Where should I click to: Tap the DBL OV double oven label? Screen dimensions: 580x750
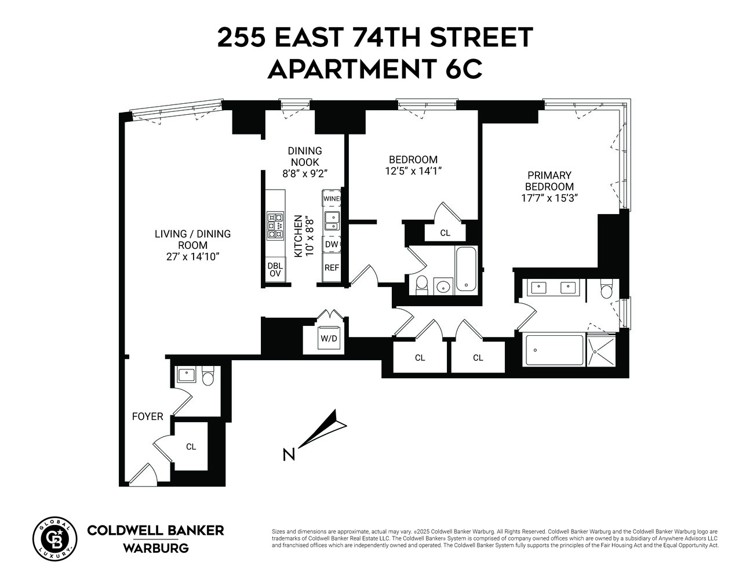[275, 270]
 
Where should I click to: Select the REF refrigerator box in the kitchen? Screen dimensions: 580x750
[332, 268]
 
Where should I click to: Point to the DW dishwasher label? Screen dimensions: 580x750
[332, 245]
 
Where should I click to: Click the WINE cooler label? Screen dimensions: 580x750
[332, 199]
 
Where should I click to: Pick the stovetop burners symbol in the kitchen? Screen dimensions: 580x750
[275, 226]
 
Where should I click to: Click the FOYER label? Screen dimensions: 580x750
[147, 416]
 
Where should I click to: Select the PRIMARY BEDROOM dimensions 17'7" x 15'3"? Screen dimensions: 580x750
[549, 198]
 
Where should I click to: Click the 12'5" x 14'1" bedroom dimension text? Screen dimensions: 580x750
[413, 171]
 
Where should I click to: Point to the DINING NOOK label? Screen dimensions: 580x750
[305, 157]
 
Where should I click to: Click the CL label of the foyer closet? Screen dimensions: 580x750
[191, 447]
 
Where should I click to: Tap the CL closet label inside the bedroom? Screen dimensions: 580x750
[445, 233]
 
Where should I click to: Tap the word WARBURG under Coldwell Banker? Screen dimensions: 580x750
[155, 548]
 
